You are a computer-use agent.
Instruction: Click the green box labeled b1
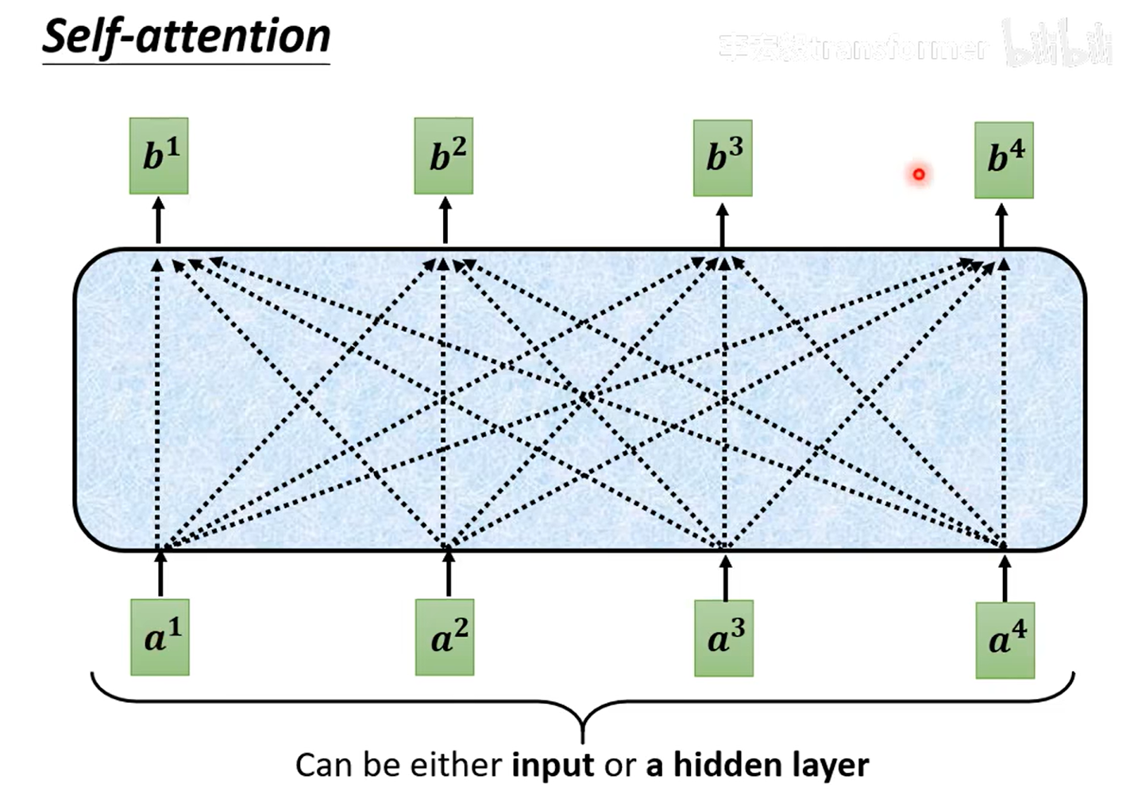tap(159, 156)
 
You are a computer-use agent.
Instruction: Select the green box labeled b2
tap(444, 156)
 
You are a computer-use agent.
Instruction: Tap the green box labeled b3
tap(723, 158)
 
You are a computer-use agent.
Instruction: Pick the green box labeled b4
tap(1004, 160)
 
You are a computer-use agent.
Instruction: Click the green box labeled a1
tap(160, 637)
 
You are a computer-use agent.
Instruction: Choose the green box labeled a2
tap(445, 637)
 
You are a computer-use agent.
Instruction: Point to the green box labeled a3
tap(723, 638)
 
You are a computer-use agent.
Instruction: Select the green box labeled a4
tap(1005, 639)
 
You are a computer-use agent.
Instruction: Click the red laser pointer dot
tap(919, 174)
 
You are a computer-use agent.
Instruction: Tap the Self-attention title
tap(186, 37)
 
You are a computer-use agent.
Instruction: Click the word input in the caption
tap(553, 765)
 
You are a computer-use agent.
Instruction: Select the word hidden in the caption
tap(727, 765)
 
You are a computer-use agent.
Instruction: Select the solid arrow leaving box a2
tap(449, 573)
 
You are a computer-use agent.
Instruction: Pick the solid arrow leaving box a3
tap(725, 577)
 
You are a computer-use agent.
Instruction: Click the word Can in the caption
tap(323, 765)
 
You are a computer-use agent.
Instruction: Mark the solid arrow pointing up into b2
tap(445, 221)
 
